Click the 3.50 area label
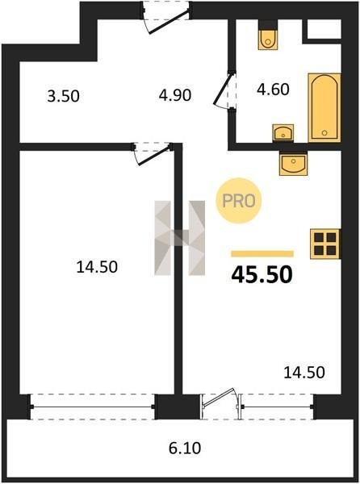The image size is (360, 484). pyautogui.click(x=63, y=96)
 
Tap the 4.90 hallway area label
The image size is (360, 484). pyautogui.click(x=175, y=95)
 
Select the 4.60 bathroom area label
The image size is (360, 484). pyautogui.click(x=273, y=90)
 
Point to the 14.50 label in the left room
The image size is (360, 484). pyautogui.click(x=97, y=267)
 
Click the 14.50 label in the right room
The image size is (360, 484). pyautogui.click(x=304, y=373)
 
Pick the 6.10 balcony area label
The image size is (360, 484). pyautogui.click(x=185, y=449)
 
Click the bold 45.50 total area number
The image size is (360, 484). pyautogui.click(x=262, y=275)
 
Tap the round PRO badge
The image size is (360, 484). pyautogui.click(x=239, y=201)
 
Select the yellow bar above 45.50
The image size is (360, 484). pyautogui.click(x=262, y=254)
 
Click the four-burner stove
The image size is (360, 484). pyautogui.click(x=325, y=244)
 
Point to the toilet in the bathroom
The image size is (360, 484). pyautogui.click(x=268, y=40)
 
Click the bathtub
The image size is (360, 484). pyautogui.click(x=324, y=108)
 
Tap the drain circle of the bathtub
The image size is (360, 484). pyautogui.click(x=324, y=133)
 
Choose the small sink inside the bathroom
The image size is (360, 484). pyautogui.click(x=283, y=133)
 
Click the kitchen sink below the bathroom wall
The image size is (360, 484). pyautogui.click(x=293, y=164)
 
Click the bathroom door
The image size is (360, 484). pyautogui.click(x=224, y=90)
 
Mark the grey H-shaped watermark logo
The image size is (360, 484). pyautogui.click(x=180, y=238)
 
